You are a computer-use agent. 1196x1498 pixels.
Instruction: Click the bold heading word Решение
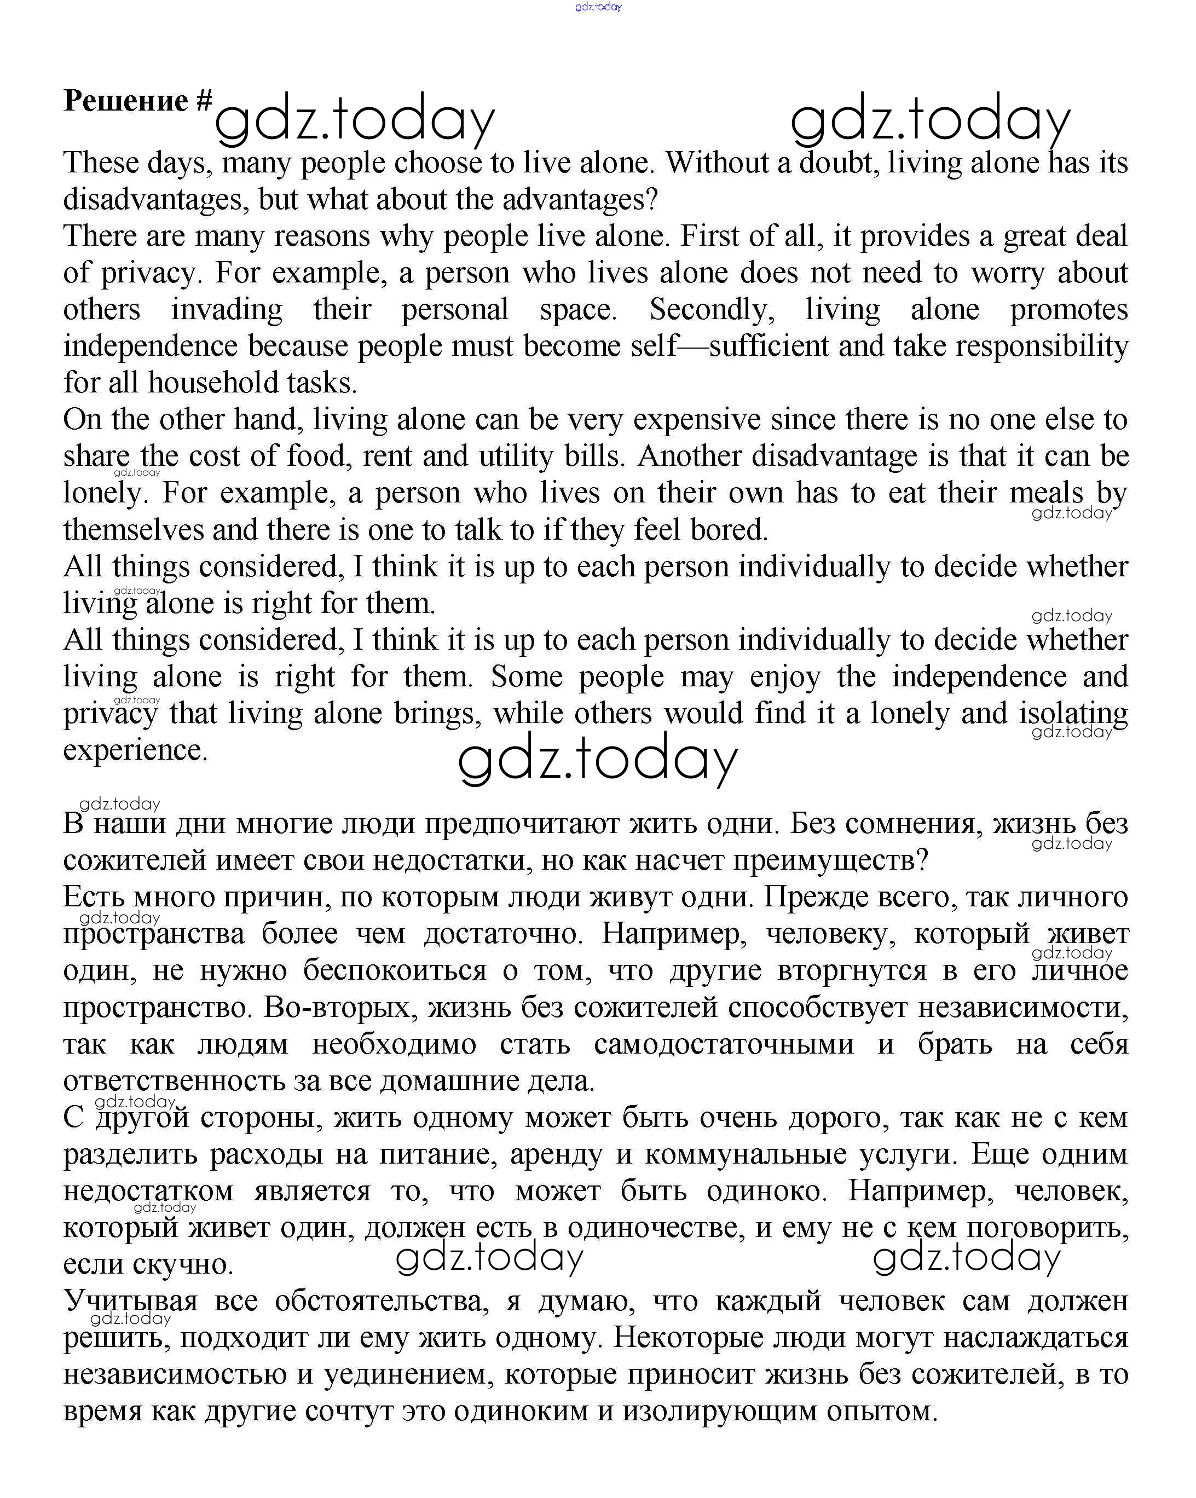coord(125,101)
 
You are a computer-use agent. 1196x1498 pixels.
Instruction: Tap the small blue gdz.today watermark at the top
coord(598,7)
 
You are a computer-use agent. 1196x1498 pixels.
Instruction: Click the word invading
coord(227,310)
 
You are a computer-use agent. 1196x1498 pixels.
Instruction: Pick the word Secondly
coord(712,310)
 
